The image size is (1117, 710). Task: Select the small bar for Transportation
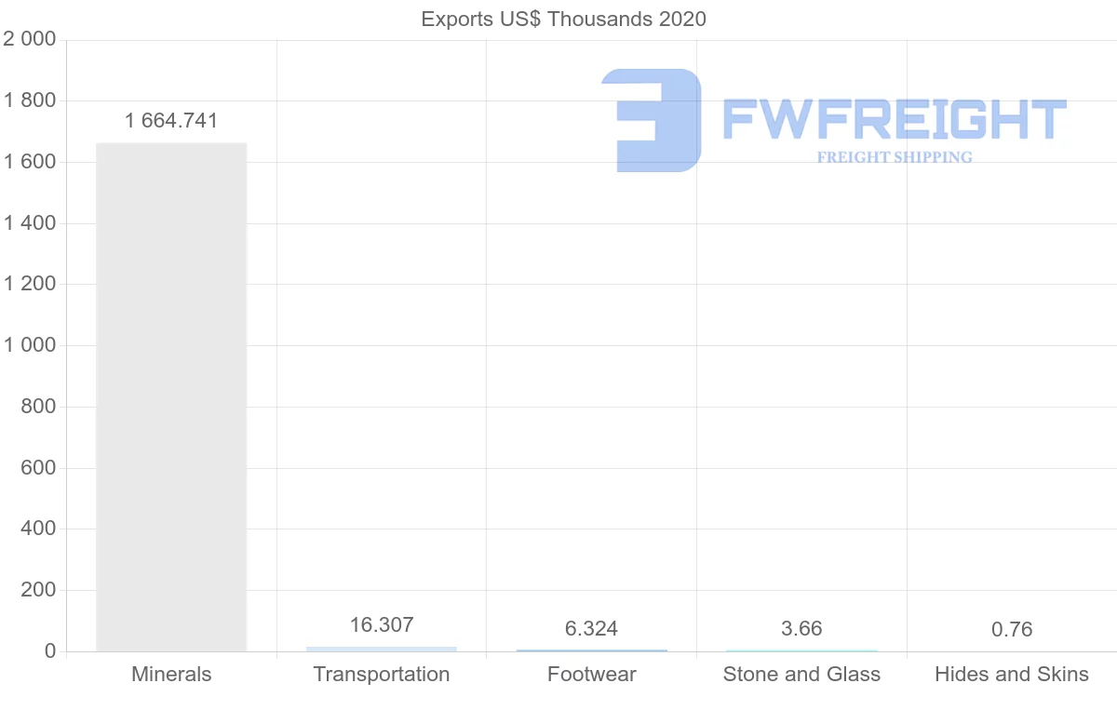[x=382, y=649]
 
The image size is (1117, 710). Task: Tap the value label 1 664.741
[x=171, y=120]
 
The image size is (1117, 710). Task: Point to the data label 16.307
[x=382, y=624]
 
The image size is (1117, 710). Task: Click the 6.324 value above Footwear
[x=591, y=629]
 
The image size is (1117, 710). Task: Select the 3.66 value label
[x=801, y=629]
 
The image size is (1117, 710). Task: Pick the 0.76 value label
[x=1012, y=629]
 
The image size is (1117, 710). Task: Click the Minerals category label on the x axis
[x=171, y=674]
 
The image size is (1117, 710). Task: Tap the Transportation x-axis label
[x=382, y=674]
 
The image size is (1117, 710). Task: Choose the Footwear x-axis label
[x=591, y=674]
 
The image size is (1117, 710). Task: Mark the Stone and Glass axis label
[x=801, y=674]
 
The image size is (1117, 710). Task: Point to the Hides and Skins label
[x=1012, y=674]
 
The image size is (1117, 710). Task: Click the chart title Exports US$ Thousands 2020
[x=563, y=19]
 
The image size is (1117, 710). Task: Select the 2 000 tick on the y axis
[x=30, y=39]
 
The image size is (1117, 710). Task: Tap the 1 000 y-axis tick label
[x=30, y=345]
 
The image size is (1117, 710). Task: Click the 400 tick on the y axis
[x=38, y=529]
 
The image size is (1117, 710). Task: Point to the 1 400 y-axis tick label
[x=30, y=222]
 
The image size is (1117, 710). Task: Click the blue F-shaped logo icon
[x=652, y=120]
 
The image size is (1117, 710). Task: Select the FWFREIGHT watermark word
[x=894, y=119]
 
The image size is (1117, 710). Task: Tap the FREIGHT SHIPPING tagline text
[x=895, y=157]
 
